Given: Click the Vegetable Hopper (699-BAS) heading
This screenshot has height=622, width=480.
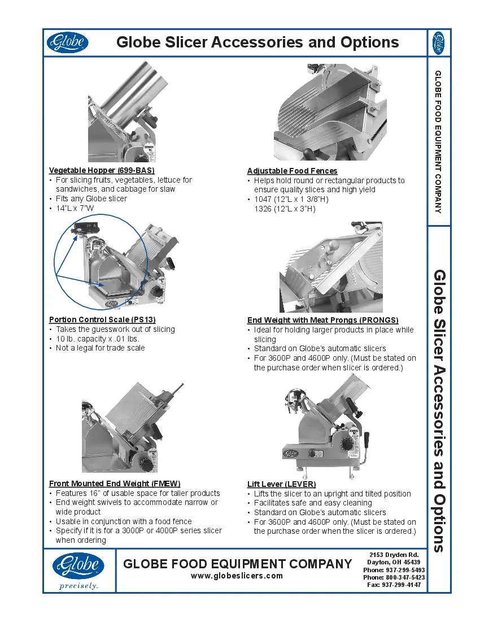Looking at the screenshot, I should [102, 170].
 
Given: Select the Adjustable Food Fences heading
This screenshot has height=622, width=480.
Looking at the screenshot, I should [292, 171].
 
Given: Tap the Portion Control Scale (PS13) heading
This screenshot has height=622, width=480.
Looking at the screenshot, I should [102, 319].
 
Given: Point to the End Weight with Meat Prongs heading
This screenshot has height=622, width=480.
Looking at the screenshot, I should [322, 320].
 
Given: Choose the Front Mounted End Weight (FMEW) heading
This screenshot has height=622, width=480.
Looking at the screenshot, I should [115, 483].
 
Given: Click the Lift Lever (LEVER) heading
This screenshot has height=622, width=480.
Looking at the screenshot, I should [281, 484].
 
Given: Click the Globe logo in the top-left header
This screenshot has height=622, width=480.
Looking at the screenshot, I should [67, 42].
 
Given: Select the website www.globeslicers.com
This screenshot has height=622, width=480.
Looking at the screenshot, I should [237, 576].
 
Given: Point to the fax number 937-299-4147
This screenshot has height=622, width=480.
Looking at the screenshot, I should [394, 585].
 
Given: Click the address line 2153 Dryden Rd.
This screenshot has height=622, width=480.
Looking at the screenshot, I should [394, 555].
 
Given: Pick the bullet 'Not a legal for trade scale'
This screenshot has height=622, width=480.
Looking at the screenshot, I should [100, 348].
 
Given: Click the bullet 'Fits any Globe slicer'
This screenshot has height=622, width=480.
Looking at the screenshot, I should [91, 198].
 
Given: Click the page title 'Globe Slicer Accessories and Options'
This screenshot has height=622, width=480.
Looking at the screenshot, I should [257, 42].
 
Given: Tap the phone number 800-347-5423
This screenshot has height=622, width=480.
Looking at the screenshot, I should [394, 577].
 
